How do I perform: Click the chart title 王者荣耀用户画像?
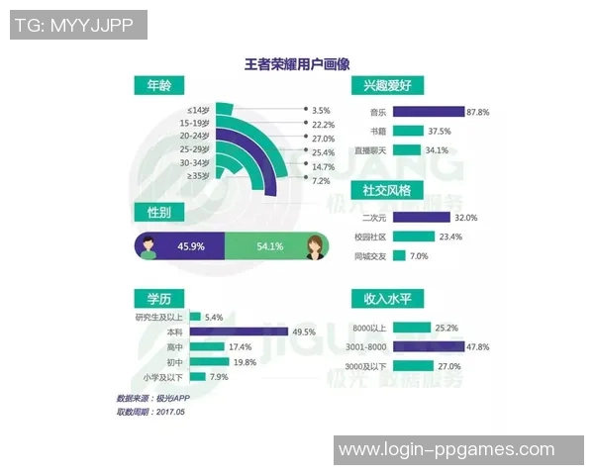[x=297, y=64]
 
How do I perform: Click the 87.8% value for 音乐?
[x=480, y=112]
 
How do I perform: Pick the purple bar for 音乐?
[x=429, y=112]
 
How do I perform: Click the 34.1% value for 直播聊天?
[x=436, y=150]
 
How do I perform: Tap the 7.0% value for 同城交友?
[x=420, y=255]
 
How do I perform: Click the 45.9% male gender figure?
[x=190, y=245]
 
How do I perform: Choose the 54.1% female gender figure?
[x=269, y=245]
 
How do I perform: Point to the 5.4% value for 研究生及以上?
[x=214, y=317]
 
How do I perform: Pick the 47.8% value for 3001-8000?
[x=480, y=346]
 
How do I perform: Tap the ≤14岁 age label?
[x=197, y=109]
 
